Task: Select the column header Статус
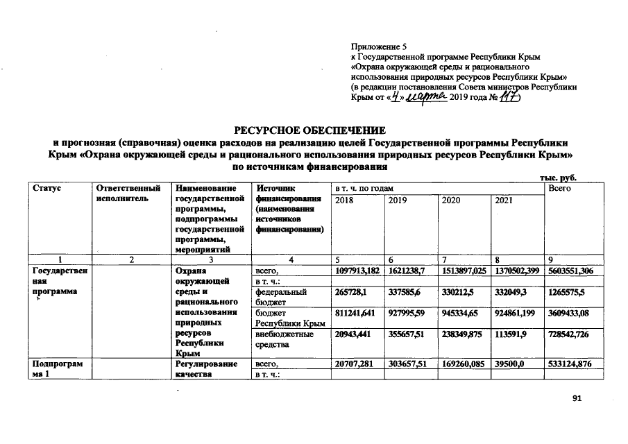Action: pos(45,189)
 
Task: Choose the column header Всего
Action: pos(559,189)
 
